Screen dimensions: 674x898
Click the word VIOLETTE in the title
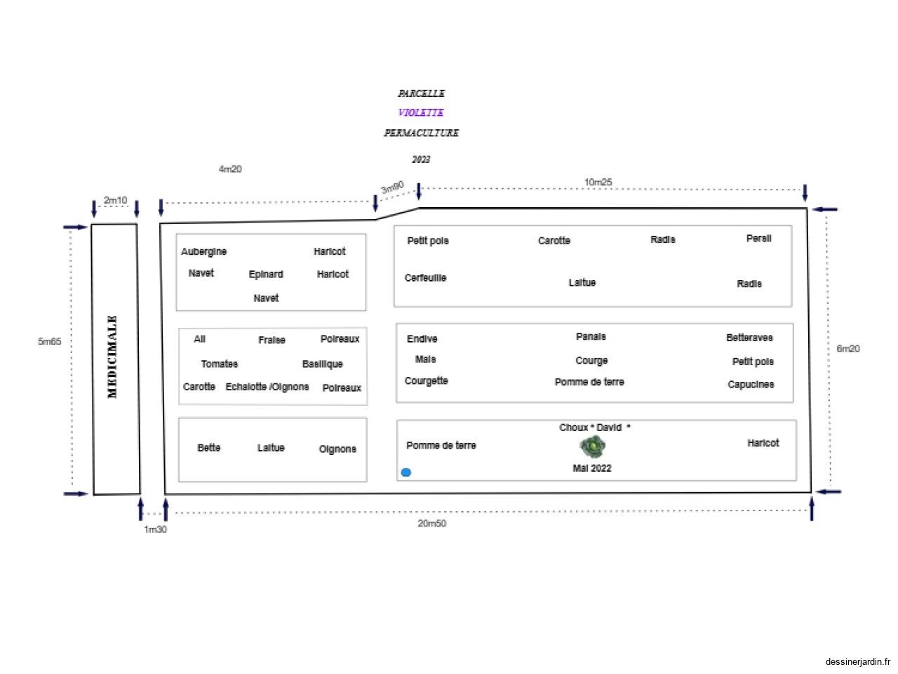(421, 112)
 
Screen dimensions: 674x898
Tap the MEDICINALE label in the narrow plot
(112, 357)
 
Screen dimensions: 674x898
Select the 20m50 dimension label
(431, 524)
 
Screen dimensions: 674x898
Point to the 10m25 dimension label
(598, 183)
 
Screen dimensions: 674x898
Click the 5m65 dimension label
(50, 342)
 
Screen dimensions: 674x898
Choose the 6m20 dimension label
(847, 349)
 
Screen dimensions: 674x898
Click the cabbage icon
(593, 446)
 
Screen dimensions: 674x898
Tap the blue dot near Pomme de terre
(406, 473)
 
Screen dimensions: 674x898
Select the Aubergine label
(203, 252)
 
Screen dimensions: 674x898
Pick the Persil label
(758, 239)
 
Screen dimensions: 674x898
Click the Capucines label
(751, 385)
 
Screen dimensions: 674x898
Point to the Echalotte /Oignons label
(267, 387)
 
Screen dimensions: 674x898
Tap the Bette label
(208, 448)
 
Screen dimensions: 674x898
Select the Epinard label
(266, 275)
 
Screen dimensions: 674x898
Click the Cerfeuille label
(425, 278)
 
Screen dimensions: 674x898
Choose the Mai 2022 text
(591, 468)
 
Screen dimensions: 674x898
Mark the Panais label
(591, 337)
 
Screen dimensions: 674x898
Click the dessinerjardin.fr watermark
(857, 661)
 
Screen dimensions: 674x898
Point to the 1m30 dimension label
(155, 529)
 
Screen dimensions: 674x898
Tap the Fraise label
(272, 341)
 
